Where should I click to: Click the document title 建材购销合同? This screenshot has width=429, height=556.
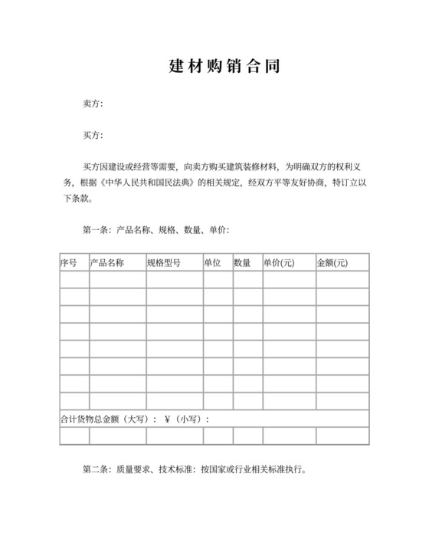point(224,67)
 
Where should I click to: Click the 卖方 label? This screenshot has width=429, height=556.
point(92,104)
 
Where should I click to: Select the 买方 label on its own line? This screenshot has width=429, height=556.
point(92,136)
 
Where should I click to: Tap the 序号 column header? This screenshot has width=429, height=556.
point(69,263)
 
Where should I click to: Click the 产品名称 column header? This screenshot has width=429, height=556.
point(107,263)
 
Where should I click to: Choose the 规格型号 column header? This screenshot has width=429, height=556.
point(164,263)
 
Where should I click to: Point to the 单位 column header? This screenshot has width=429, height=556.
point(212,263)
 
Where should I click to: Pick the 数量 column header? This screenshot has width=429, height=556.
point(242,263)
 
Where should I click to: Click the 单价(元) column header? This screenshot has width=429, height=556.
point(279,263)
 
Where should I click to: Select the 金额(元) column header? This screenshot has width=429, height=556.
point(332,263)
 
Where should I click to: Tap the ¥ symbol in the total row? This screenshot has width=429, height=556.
point(166,419)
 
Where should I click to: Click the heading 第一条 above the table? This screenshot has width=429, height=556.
point(95,229)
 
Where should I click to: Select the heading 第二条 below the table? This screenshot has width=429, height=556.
point(95,469)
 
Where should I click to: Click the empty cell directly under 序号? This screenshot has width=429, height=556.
point(74,280)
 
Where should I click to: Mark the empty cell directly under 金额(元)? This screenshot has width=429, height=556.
point(342,280)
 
